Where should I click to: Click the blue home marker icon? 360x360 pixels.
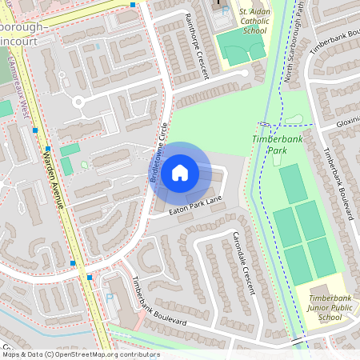(180, 172)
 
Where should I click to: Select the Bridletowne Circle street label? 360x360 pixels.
(159, 154)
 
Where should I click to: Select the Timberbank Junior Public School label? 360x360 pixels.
(329, 307)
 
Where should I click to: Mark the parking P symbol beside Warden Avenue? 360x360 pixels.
(110, 298)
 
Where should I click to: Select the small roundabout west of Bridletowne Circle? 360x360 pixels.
(79, 102)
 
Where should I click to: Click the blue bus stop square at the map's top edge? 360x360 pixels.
(133, 4)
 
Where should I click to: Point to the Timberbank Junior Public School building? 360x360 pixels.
(320, 290)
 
